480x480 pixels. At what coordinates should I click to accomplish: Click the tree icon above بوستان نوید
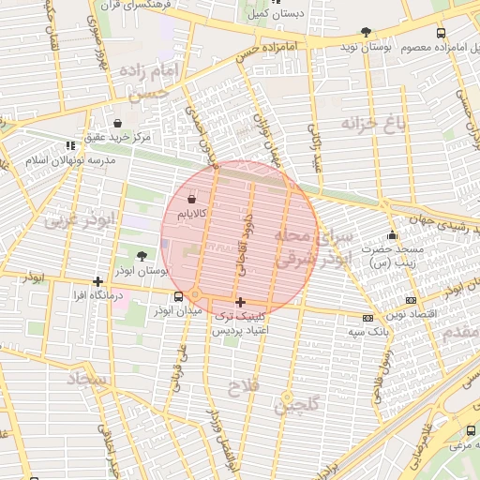(366, 33)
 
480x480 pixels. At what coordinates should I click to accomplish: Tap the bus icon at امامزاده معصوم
(442, 33)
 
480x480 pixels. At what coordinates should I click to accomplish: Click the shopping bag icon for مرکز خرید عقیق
(117, 123)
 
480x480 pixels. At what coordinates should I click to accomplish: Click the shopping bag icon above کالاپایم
(192, 199)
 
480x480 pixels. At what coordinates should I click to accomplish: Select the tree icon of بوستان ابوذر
(142, 255)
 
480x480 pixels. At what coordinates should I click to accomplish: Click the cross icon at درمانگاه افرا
(98, 281)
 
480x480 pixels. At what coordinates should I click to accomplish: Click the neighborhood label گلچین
(298, 404)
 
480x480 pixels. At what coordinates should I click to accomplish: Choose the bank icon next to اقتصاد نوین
(411, 301)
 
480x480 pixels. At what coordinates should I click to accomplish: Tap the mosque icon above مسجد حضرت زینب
(391, 235)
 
